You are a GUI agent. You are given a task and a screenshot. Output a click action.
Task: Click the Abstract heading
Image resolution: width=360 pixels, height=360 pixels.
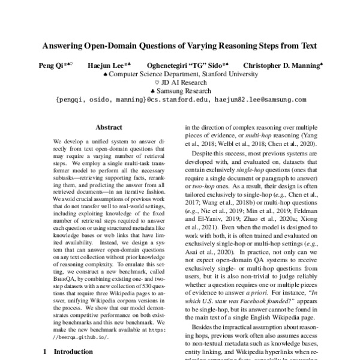pyautogui.click(x=109, y=127)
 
